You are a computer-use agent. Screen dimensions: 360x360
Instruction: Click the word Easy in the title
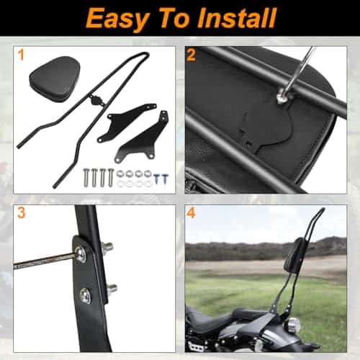(117, 19)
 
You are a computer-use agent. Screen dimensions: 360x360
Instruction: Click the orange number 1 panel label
(21, 55)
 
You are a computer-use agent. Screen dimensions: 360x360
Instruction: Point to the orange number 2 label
(191, 55)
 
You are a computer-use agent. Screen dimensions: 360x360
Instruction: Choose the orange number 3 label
(21, 212)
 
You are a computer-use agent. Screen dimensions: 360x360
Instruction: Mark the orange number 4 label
(191, 213)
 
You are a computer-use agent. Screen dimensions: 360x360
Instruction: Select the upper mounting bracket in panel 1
(127, 121)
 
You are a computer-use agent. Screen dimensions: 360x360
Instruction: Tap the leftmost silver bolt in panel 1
(86, 177)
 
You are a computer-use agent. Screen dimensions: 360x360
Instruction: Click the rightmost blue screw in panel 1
(165, 179)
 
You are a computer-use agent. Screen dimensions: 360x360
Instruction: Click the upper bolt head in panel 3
(81, 253)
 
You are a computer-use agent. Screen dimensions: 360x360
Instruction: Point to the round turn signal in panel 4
(293, 325)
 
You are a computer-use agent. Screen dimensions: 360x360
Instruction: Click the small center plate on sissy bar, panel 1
(96, 99)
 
